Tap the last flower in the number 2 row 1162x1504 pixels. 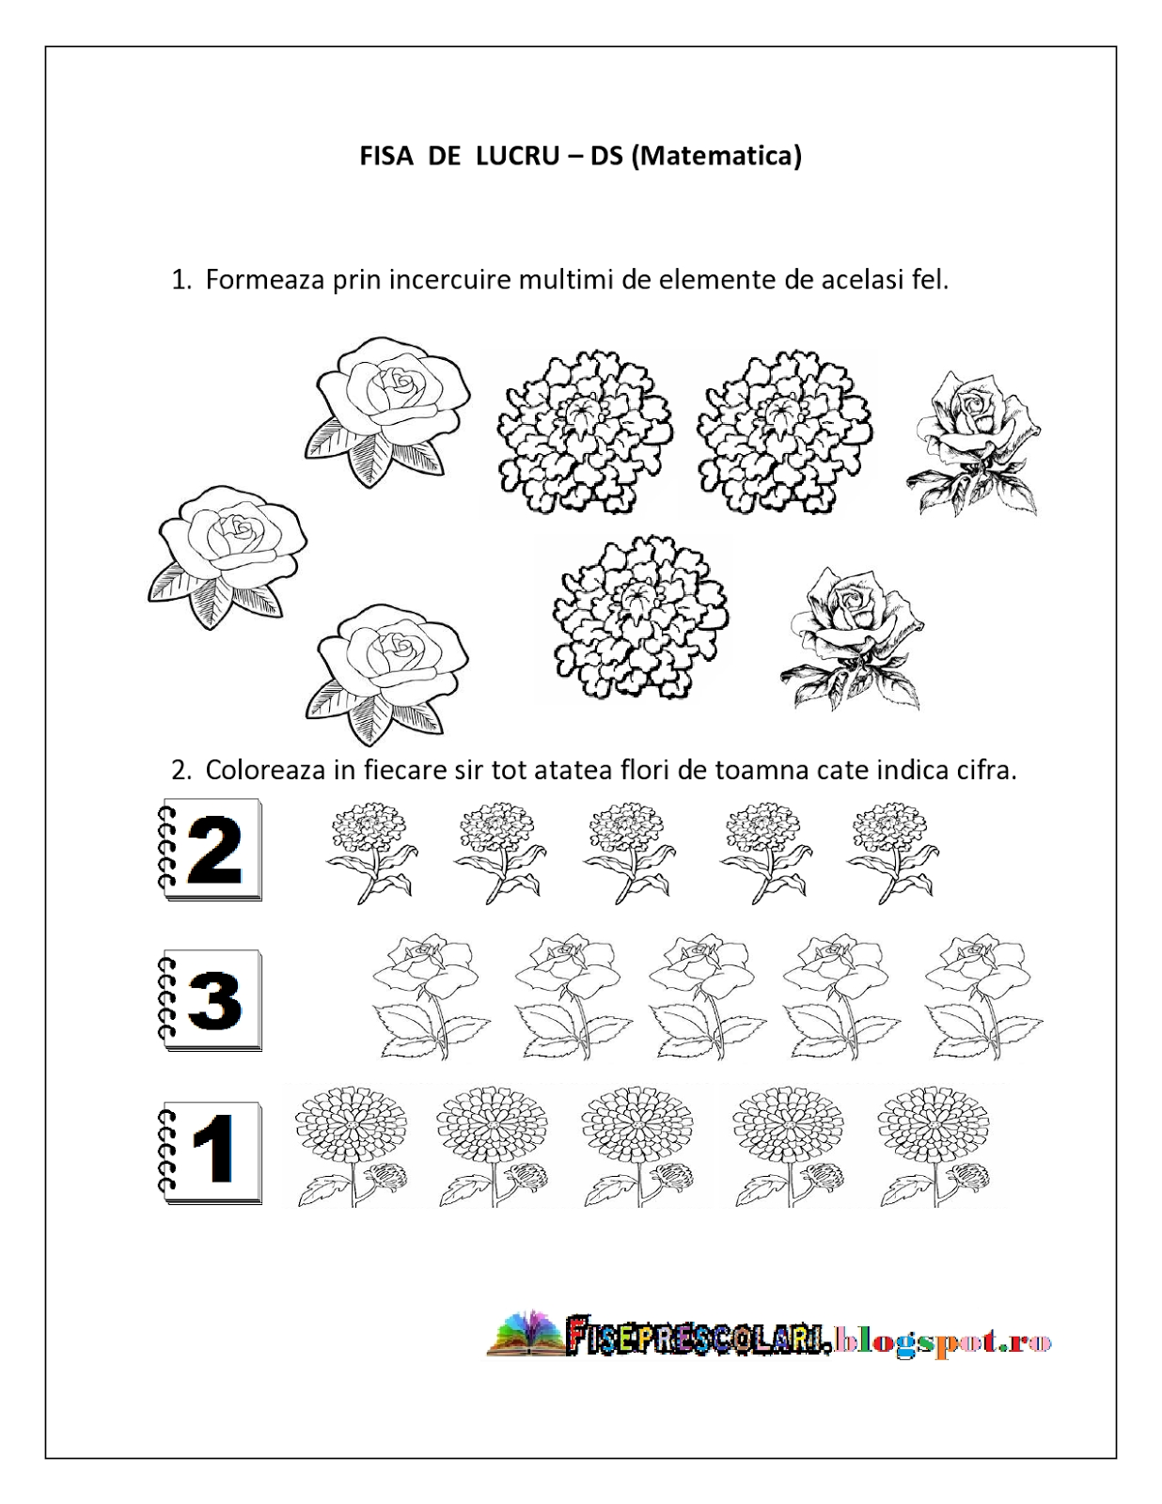click(890, 851)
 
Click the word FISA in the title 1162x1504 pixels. click(386, 155)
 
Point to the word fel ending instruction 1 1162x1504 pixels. click(930, 279)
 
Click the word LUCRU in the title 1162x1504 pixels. click(517, 155)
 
